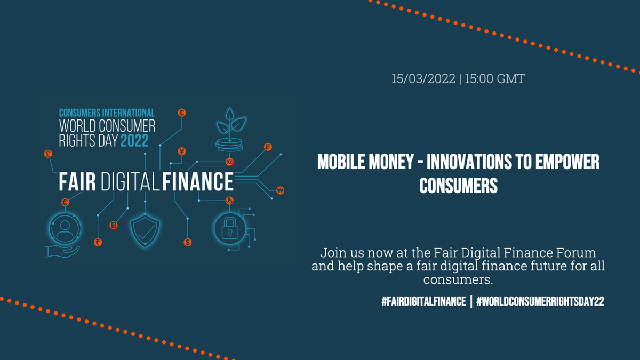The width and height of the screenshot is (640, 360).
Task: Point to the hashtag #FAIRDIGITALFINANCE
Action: (x=423, y=301)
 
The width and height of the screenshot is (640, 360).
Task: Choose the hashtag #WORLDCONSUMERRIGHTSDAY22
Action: (x=540, y=301)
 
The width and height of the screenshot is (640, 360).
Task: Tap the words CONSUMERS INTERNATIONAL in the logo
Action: (x=107, y=113)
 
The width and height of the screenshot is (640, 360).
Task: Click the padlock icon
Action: (x=230, y=229)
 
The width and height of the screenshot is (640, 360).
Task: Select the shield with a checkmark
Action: (x=145, y=231)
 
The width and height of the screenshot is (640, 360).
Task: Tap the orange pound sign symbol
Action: (x=49, y=154)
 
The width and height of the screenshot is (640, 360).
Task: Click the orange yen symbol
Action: (x=182, y=151)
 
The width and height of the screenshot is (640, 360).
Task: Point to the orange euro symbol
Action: (x=65, y=202)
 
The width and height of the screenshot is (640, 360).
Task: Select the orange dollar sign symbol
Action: (x=187, y=242)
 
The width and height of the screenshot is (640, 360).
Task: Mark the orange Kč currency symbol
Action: (x=229, y=161)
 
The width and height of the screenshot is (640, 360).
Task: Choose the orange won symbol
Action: (x=280, y=190)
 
